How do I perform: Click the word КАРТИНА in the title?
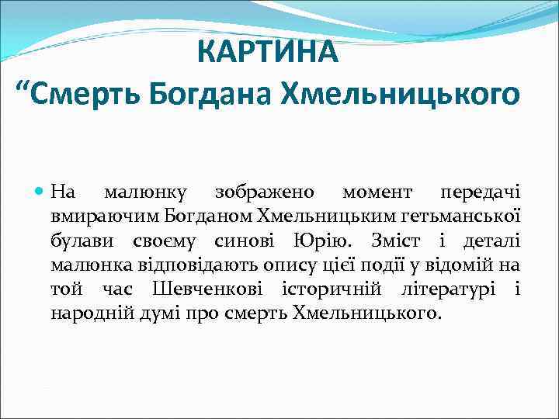coord(268,52)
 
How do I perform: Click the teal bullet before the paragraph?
coord(41,191)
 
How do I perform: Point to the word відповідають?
coord(199,265)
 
